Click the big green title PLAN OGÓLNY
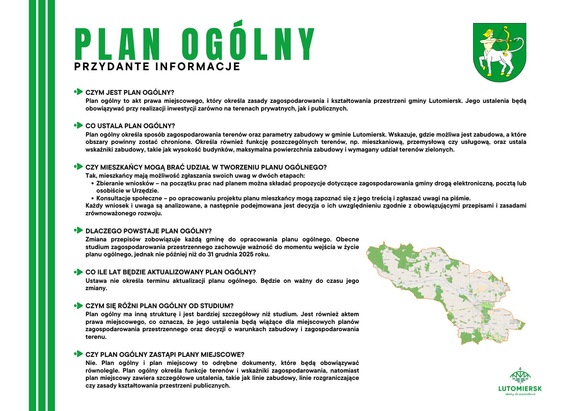coord(194,41)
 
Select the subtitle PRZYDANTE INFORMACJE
coord(157,66)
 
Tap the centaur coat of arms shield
coord(500,53)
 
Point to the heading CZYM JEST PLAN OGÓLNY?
coord(130,92)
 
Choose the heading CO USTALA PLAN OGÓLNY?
coord(130,126)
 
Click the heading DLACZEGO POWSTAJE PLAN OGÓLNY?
coord(148,231)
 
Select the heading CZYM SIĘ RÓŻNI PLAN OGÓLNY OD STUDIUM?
coord(159,306)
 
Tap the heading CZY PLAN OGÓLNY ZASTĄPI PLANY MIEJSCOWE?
coord(165,355)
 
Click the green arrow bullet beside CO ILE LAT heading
coord(78,272)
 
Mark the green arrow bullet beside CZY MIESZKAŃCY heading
coord(78,167)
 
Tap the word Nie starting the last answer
coord(91,363)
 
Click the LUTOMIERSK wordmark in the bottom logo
coord(520,388)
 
